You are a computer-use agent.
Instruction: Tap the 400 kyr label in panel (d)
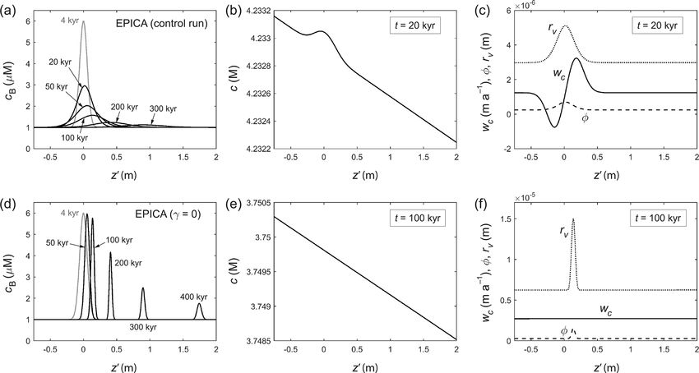click(x=194, y=297)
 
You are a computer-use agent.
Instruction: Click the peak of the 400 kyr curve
click(x=198, y=304)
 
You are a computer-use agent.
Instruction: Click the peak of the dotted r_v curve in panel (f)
click(x=573, y=219)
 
